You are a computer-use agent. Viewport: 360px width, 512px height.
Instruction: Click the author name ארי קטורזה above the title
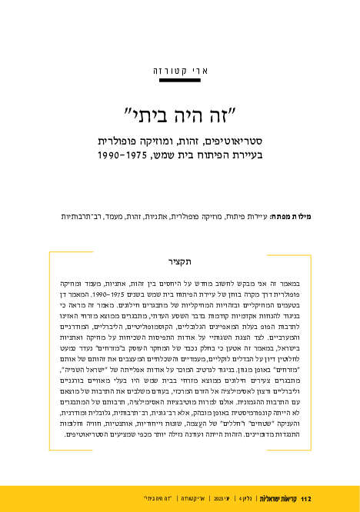pyautogui.click(x=180, y=71)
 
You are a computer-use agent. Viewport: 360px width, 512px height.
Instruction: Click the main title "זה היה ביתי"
pyautogui.click(x=180, y=118)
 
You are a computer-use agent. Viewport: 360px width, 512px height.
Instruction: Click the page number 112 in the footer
pyautogui.click(x=305, y=499)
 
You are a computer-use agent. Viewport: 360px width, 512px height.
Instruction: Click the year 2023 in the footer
pyautogui.click(x=209, y=499)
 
